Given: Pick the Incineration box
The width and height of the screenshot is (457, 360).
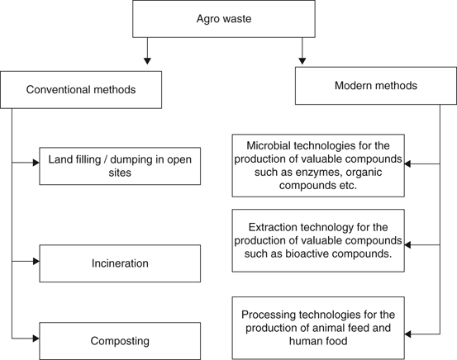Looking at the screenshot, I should click(120, 263).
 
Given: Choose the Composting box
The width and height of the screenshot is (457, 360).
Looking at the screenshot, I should click(120, 339).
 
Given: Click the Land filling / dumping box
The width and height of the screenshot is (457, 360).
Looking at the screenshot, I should click(120, 165).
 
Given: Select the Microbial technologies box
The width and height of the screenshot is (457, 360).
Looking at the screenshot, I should click(317, 165).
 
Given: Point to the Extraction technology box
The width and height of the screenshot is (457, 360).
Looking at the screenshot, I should click(317, 241).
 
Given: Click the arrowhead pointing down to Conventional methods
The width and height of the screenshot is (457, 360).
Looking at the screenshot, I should click(146, 59).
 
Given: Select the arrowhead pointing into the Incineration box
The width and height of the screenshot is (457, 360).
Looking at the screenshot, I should click(35, 261).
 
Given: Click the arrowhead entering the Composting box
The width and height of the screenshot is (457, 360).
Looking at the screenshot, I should click(35, 337).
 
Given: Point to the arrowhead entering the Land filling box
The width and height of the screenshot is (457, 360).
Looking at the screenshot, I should click(35, 163).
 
